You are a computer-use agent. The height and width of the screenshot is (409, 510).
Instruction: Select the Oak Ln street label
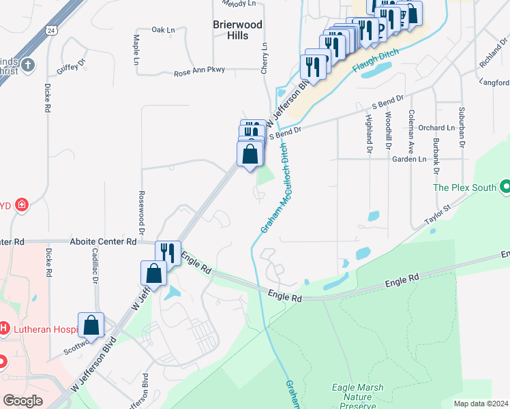163,30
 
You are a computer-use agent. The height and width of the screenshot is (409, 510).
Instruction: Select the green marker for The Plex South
505,186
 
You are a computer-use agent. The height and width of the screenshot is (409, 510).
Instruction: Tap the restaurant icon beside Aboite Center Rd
168,254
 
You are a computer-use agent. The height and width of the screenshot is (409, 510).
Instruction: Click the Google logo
22,400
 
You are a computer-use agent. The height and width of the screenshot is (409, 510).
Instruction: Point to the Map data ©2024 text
480,404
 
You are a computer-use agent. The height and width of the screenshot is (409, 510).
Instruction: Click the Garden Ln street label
409,159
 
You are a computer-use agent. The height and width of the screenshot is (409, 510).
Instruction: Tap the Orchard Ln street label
436,127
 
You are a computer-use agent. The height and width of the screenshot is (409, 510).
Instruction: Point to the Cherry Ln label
264,59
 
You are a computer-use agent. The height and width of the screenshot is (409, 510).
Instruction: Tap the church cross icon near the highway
27,65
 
